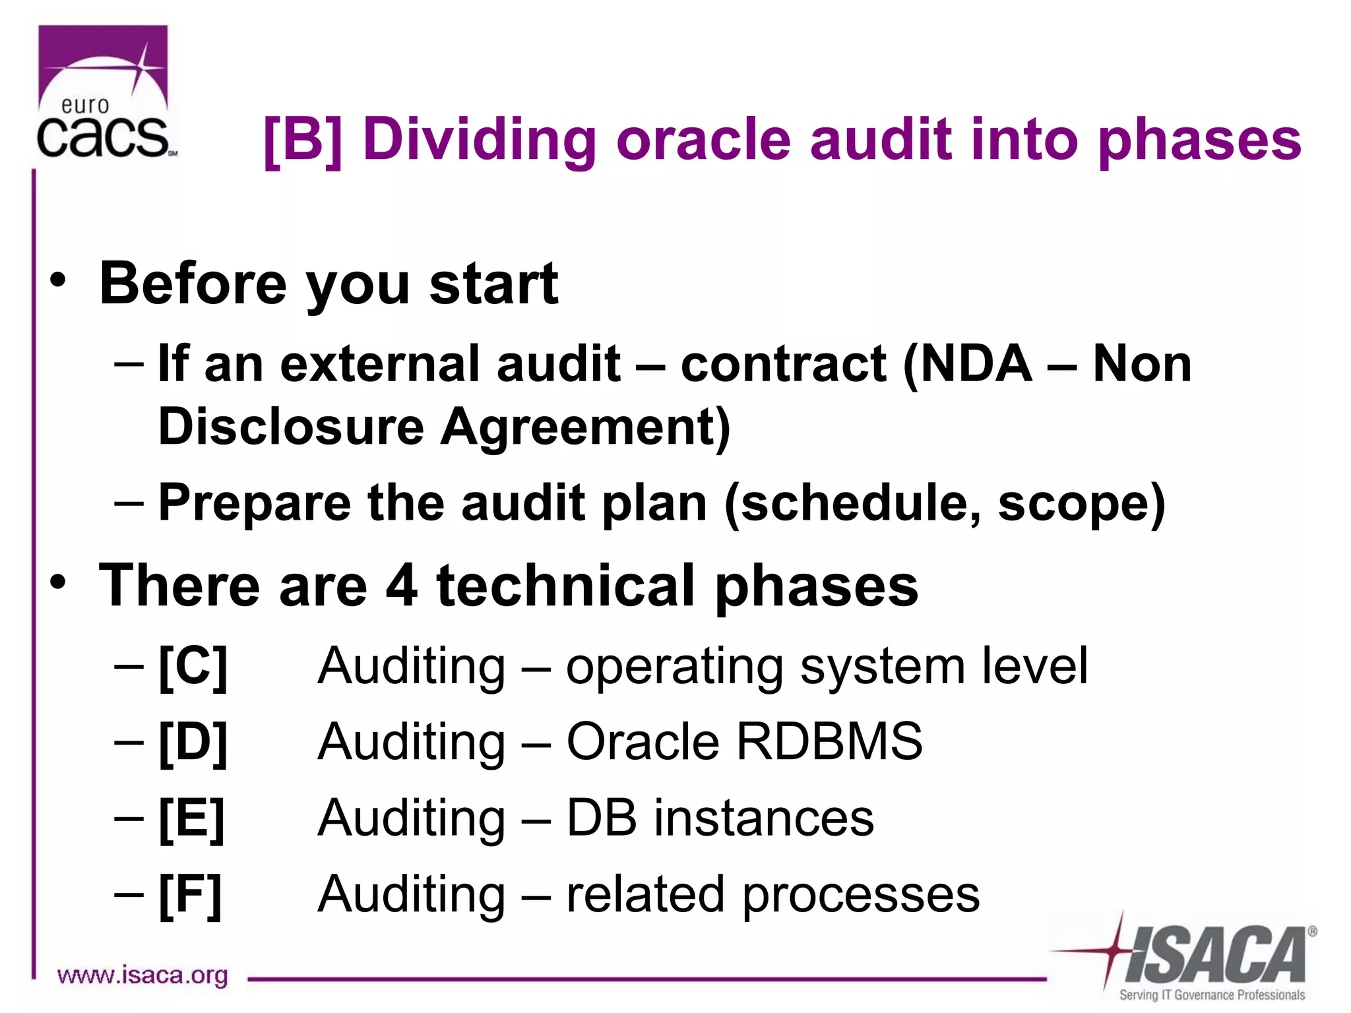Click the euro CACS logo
[x=104, y=92]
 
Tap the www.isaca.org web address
[x=142, y=975]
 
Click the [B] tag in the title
[x=303, y=140]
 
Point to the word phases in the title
[x=1200, y=140]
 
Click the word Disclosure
[x=291, y=426]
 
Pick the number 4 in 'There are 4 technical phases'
[x=401, y=586]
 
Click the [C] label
[x=193, y=667]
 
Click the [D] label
[x=193, y=743]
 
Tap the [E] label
[x=191, y=818]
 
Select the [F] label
[x=190, y=895]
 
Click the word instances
[x=763, y=818]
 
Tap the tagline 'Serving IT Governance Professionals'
[x=1211, y=995]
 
